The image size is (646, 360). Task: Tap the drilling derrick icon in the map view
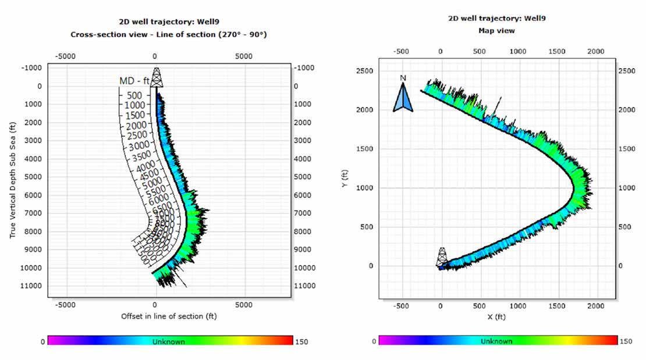pos(442,258)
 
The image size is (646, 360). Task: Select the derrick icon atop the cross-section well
pos(156,77)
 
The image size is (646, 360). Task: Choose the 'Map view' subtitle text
pos(496,31)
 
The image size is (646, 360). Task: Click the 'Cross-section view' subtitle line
pos(169,34)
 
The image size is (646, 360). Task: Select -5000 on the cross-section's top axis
pos(65,56)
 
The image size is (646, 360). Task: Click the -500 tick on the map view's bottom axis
pos(401,305)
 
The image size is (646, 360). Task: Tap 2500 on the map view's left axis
pos(365,71)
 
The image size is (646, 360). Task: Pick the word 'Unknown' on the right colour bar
pos(496,341)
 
